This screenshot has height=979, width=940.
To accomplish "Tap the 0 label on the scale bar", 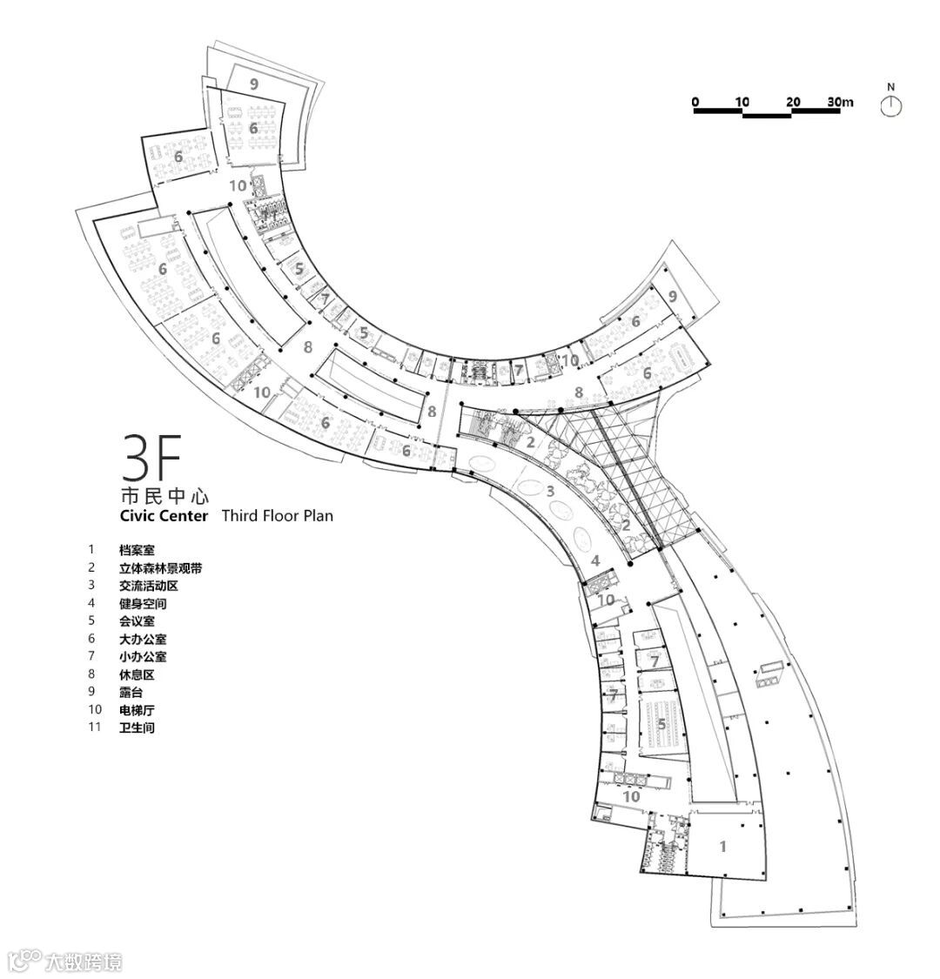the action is pyautogui.click(x=695, y=102).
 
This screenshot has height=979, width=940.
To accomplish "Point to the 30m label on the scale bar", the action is pyautogui.click(x=840, y=102).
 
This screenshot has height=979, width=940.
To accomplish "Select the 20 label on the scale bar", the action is pyautogui.click(x=792, y=102).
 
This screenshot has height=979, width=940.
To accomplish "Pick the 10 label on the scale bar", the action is pyautogui.click(x=742, y=102).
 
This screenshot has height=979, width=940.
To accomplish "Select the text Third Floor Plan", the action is pyautogui.click(x=277, y=516).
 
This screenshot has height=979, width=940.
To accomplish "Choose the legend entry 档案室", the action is pyautogui.click(x=138, y=550).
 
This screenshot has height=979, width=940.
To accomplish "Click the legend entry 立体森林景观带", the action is pyautogui.click(x=161, y=568).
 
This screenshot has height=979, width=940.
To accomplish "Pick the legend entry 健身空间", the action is pyautogui.click(x=144, y=603).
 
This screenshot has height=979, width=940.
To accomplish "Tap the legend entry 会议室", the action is pyautogui.click(x=138, y=621).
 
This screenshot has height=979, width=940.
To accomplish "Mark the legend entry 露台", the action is pyautogui.click(x=131, y=692).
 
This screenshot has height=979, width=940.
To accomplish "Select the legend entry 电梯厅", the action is pyautogui.click(x=138, y=709).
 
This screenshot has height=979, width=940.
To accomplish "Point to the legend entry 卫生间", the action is pyautogui.click(x=138, y=728).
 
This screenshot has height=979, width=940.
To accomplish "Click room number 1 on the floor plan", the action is pyautogui.click(x=722, y=845).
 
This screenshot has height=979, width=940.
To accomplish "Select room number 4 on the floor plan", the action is pyautogui.click(x=595, y=561).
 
